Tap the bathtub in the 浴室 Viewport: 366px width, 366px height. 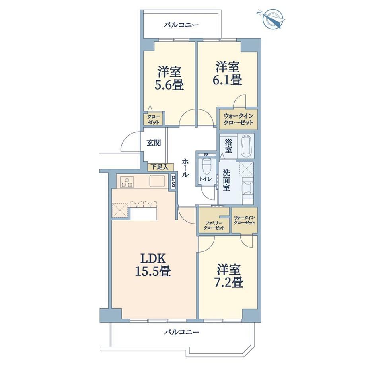(246, 146)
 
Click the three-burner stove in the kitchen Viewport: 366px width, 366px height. (127, 182)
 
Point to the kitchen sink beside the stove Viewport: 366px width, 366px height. (157, 181)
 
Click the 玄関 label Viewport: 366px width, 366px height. (154, 142)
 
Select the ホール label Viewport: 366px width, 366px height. (185, 168)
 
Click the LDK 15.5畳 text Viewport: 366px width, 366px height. (153, 265)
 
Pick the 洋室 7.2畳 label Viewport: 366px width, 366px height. (228, 276)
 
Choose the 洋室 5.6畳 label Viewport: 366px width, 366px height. (169, 78)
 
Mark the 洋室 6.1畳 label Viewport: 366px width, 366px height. (227, 73)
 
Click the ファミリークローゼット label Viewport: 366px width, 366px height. (214, 226)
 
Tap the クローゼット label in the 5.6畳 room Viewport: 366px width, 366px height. (153, 119)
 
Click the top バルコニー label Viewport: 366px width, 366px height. (181, 25)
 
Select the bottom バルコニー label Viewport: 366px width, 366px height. (181, 332)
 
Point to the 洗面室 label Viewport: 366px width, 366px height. (226, 180)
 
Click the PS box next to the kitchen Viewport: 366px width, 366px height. (173, 181)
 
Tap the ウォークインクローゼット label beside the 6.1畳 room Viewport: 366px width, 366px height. (238, 119)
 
